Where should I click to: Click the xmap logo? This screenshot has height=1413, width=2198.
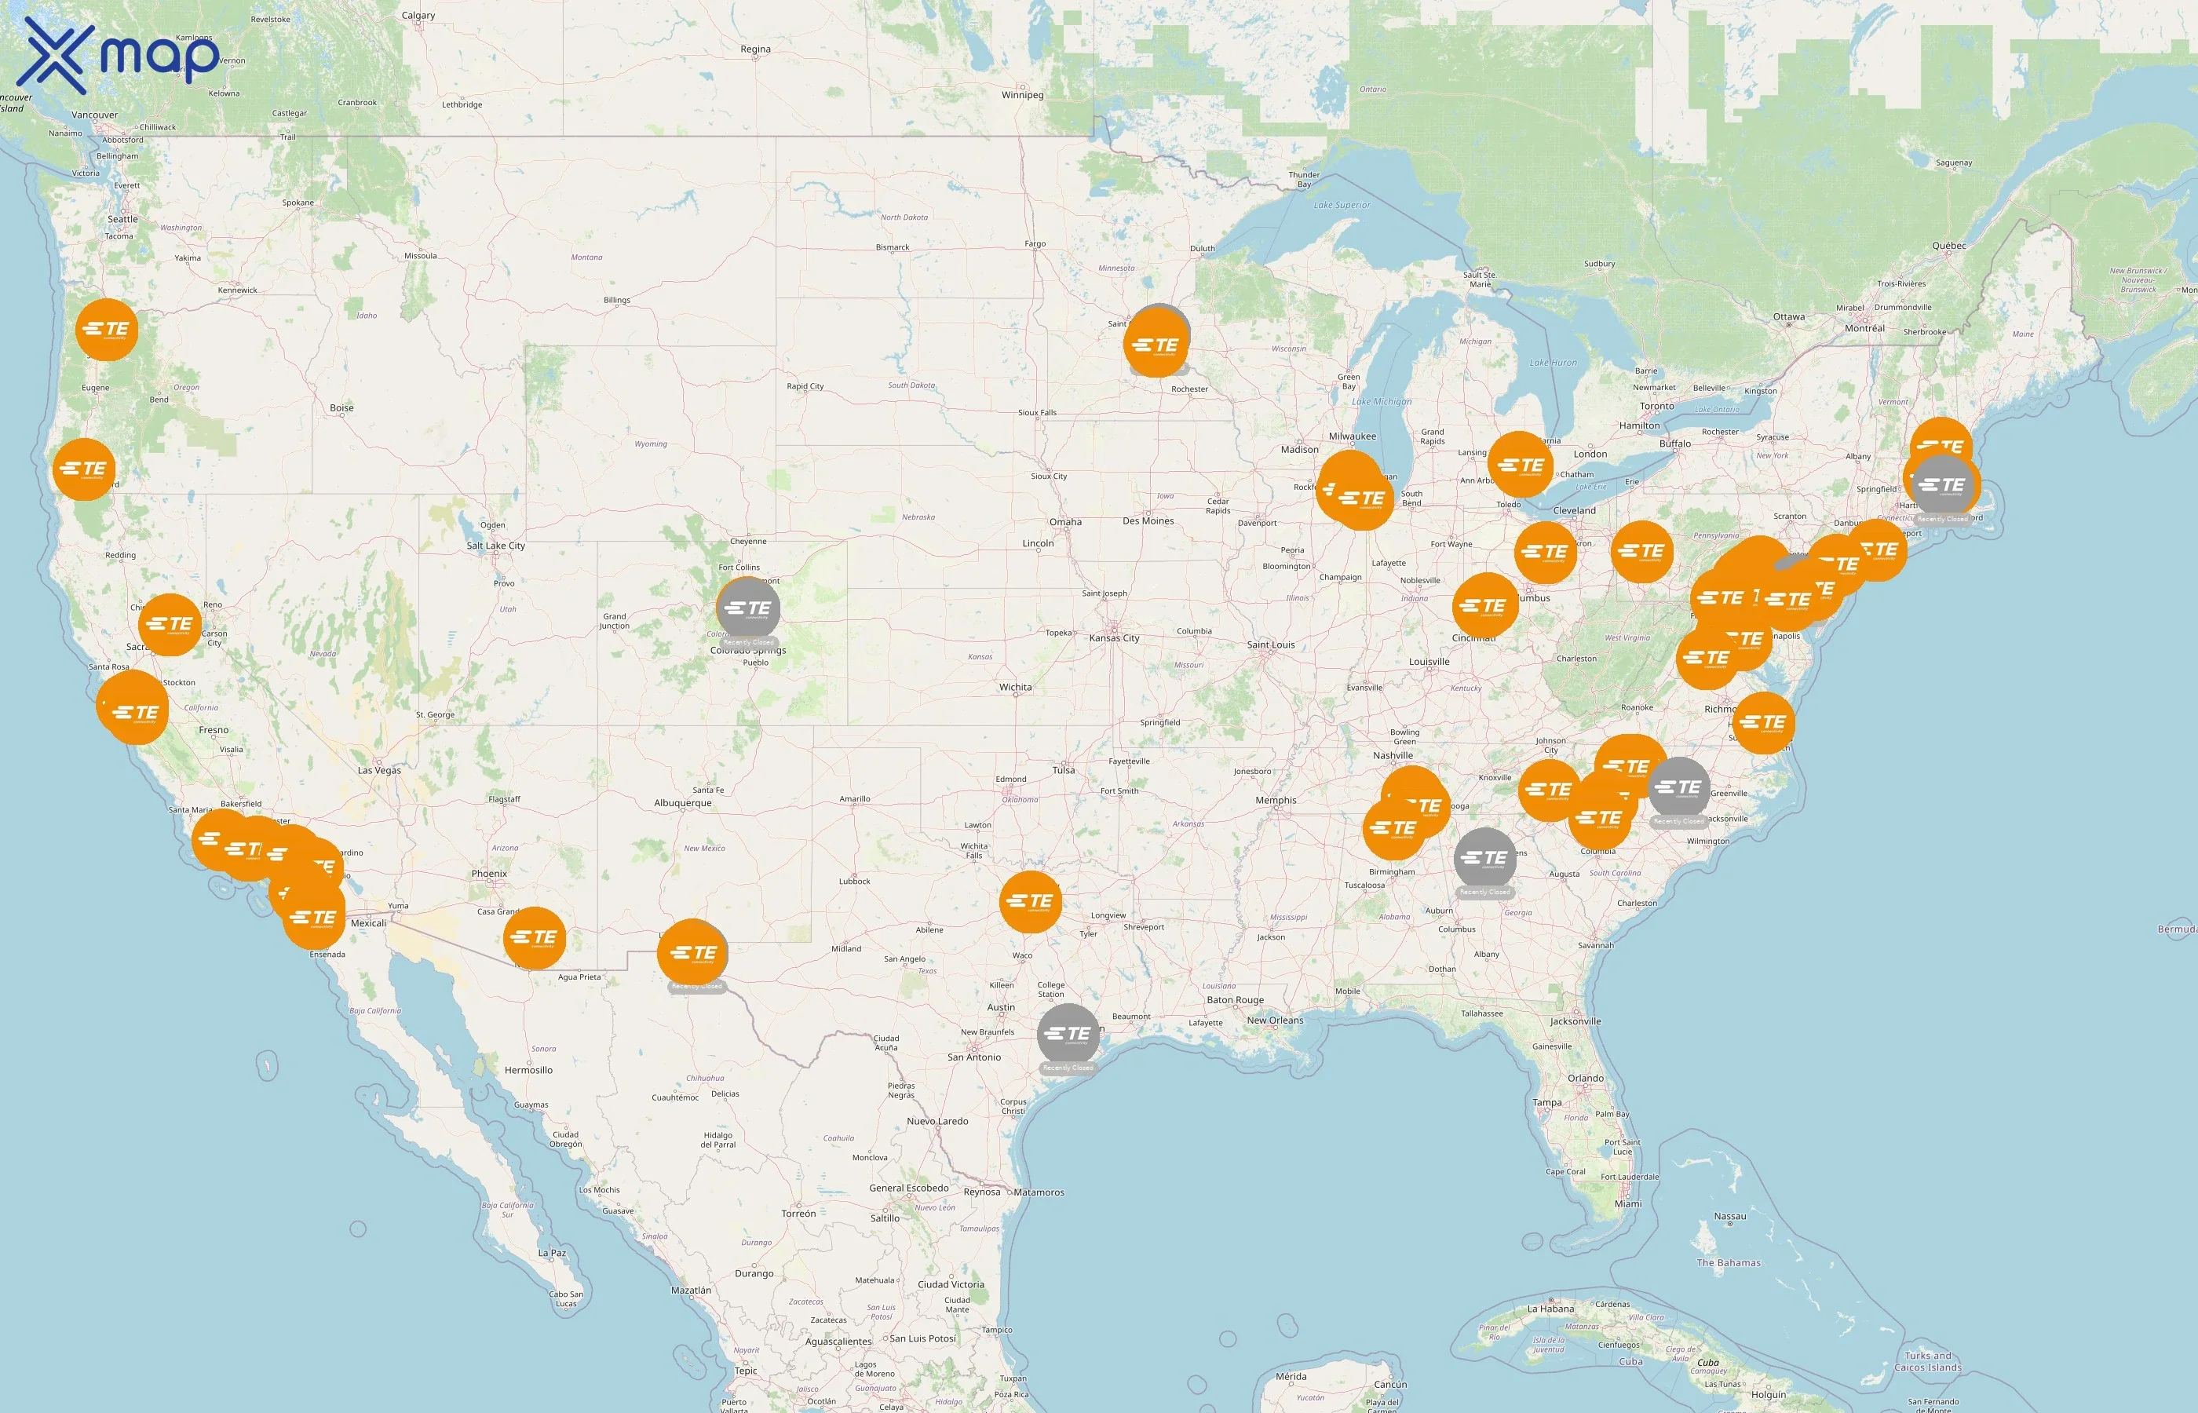coord(119,57)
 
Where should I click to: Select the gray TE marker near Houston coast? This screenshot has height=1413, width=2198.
coord(1068,1034)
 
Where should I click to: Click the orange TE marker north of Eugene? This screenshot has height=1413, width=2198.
coord(108,330)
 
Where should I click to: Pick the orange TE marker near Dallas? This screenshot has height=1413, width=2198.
coord(1030,901)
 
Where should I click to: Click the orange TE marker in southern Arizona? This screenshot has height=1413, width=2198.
coord(535,938)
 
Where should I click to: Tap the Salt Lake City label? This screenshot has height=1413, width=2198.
coord(495,546)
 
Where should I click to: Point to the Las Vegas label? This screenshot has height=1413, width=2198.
coord(379,771)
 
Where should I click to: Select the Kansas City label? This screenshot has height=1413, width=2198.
coord(1114,639)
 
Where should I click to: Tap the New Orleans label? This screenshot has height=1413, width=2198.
coord(1274,1020)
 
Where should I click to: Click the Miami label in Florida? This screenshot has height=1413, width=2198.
coord(1627,1204)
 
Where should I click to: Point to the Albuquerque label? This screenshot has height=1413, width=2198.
coord(682,803)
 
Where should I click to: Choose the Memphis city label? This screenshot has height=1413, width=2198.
coord(1275,800)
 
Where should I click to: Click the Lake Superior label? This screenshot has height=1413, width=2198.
coord(1342,206)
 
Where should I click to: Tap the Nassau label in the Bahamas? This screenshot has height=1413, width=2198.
coord(1729,1217)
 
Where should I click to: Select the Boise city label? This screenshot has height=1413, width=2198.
coord(341,408)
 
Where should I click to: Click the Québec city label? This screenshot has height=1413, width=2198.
coord(1948,246)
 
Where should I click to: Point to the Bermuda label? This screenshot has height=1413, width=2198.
coord(2176,929)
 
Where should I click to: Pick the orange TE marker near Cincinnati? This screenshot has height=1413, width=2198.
coord(1484,605)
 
